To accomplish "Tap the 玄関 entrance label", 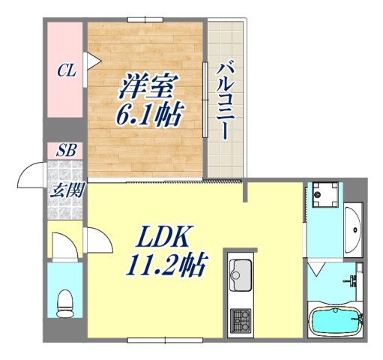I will (x=66, y=188).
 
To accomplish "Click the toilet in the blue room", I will (x=65, y=301).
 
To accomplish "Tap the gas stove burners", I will (x=241, y=320).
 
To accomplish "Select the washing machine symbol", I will (x=326, y=196).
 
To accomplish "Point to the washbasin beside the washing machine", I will (x=353, y=228).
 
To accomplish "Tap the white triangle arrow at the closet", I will (x=91, y=60).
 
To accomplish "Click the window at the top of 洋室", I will (x=145, y=18).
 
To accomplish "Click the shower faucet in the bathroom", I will (x=352, y=281).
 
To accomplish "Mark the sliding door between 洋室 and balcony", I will (x=205, y=97).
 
